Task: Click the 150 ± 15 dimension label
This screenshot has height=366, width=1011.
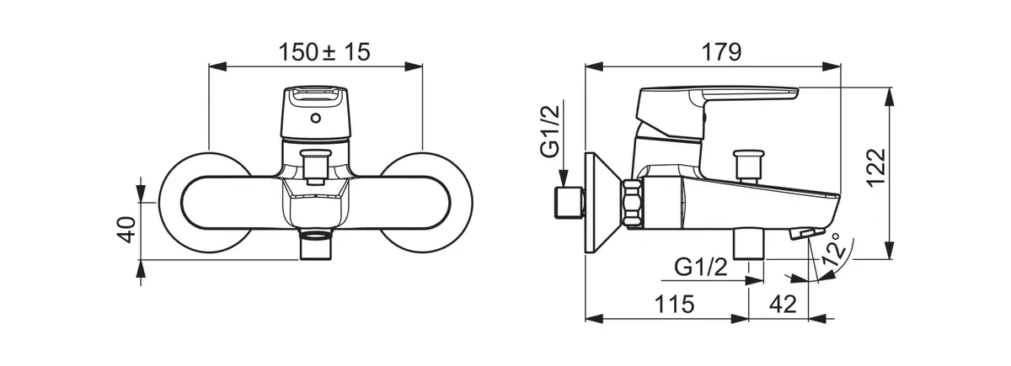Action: click(324, 52)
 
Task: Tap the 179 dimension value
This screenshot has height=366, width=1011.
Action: click(721, 52)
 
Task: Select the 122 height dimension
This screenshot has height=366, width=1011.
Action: click(876, 167)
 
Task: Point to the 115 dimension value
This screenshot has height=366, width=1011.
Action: click(674, 305)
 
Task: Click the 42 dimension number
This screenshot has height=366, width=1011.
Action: click(783, 305)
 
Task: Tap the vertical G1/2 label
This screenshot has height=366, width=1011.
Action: click(550, 130)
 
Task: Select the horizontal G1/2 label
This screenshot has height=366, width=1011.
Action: click(701, 268)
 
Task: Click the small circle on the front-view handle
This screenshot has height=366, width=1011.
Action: click(316, 119)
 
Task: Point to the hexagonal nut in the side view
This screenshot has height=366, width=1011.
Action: click(633, 204)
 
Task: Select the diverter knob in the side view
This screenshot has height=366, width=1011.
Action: click(749, 166)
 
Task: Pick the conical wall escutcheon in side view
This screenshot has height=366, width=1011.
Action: click(602, 203)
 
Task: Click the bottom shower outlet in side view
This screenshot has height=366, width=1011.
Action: click(749, 244)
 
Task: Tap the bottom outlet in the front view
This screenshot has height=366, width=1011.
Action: click(315, 245)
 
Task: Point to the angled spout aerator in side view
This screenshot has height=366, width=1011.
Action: click(807, 234)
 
